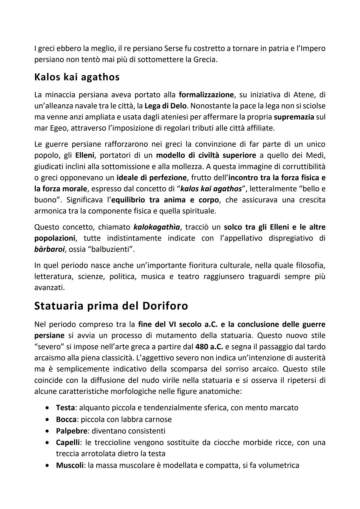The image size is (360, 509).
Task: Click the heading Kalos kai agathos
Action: tap(77, 77)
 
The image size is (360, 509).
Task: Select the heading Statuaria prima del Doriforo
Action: tap(111, 306)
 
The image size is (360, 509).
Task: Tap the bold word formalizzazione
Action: tap(206, 95)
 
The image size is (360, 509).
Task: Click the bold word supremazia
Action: tap(294, 117)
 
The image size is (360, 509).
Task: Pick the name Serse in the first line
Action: tap(173, 49)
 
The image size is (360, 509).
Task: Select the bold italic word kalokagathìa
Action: tap(157, 227)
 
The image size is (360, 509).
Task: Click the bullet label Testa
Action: tap(65, 408)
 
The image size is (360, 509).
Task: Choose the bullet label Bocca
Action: tap(66, 419)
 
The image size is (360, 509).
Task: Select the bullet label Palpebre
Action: tap(71, 431)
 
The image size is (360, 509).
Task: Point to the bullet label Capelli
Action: tap(68, 443)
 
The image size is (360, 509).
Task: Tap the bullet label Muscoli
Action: tap(69, 465)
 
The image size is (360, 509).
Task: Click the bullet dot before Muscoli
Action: tap(48, 465)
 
